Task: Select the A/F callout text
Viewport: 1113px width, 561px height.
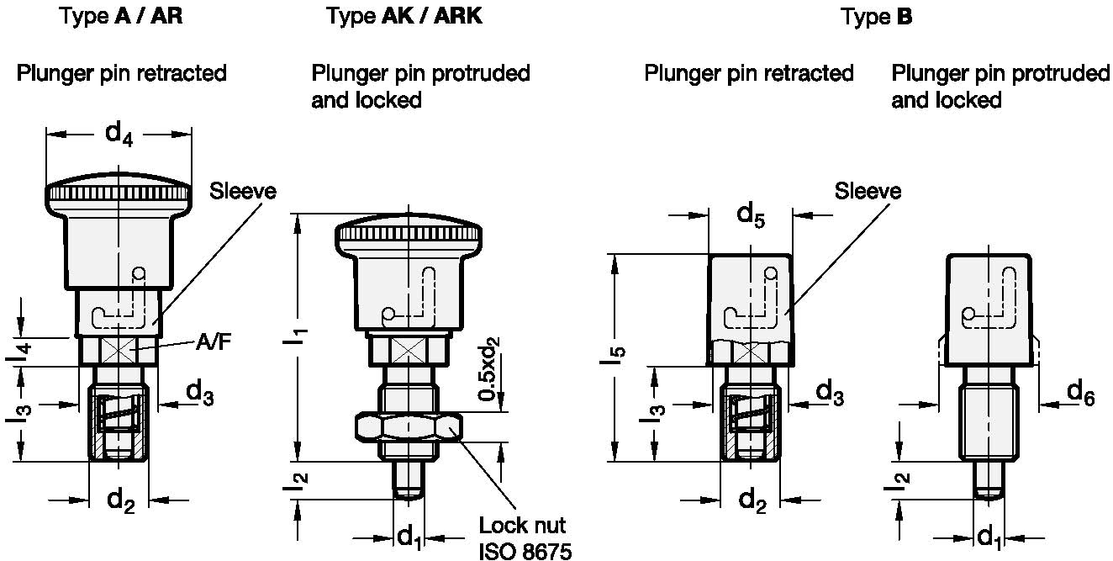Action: pyautogui.click(x=212, y=342)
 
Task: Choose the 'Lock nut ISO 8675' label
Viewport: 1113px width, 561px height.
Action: pyautogui.click(x=523, y=538)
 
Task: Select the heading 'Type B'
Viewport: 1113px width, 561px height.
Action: pyautogui.click(x=877, y=17)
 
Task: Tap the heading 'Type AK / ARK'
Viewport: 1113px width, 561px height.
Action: pyautogui.click(x=404, y=17)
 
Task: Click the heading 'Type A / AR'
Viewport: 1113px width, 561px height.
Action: pyautogui.click(x=121, y=17)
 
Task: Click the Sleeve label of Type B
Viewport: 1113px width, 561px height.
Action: pyautogui.click(x=868, y=191)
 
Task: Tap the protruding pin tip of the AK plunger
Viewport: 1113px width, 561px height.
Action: pyautogui.click(x=408, y=487)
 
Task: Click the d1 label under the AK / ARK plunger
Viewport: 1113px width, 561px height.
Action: pyautogui.click(x=409, y=535)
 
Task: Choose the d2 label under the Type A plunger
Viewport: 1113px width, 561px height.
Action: pyautogui.click(x=121, y=501)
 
